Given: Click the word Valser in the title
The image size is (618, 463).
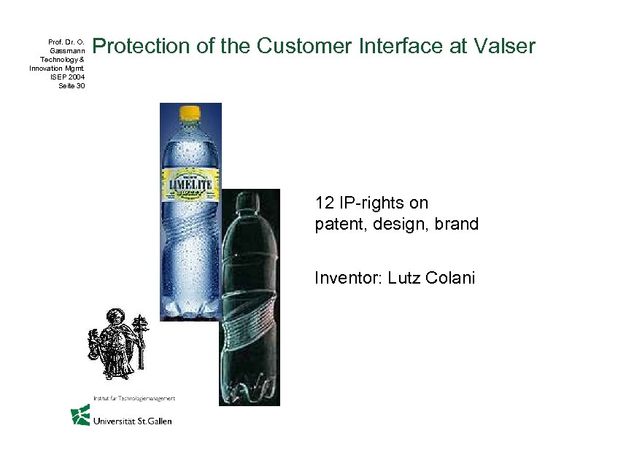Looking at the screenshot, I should pos(503,47).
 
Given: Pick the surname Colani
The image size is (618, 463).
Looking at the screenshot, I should pos(449,278).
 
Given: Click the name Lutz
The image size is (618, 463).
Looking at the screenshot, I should pos(404,278).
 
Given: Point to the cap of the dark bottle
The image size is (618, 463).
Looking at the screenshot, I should pos(248,198).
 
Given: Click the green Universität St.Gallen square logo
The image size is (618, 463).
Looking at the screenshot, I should pos(80,415).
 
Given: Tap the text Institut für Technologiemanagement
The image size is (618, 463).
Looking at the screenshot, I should pos(134,398).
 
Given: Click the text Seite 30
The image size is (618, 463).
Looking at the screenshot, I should pos(71,85).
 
